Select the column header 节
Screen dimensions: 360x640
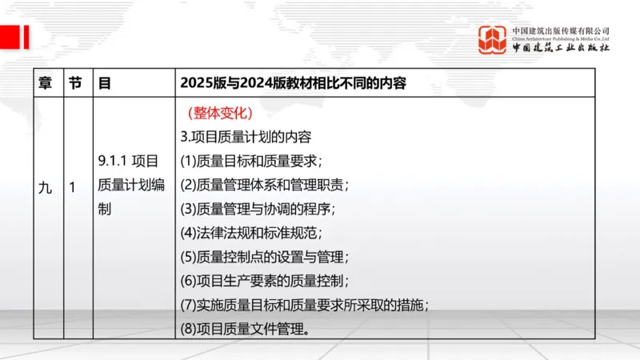[75, 82]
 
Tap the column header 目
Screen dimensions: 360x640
[104, 82]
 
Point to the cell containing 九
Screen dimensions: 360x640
[46, 188]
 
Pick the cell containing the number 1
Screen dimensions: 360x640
[73, 188]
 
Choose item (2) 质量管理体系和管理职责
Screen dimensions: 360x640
[265, 185]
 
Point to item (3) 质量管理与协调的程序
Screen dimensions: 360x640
[258, 209]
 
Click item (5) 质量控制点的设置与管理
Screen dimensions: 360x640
[265, 257]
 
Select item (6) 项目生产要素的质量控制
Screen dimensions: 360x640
[265, 281]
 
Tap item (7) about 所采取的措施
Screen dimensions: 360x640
[306, 305]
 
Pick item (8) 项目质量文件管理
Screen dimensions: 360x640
[245, 329]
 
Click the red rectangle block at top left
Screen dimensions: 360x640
[14, 36]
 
